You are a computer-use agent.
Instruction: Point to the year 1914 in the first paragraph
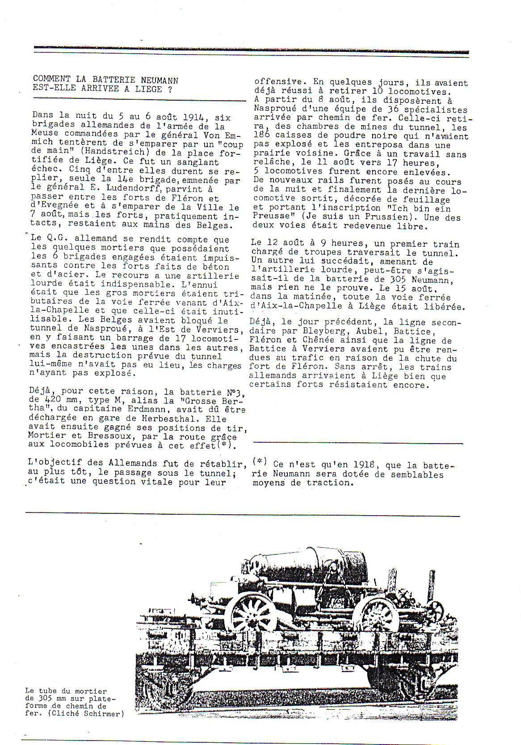click(x=192, y=118)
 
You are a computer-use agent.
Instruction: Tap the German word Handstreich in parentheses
click(x=113, y=154)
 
